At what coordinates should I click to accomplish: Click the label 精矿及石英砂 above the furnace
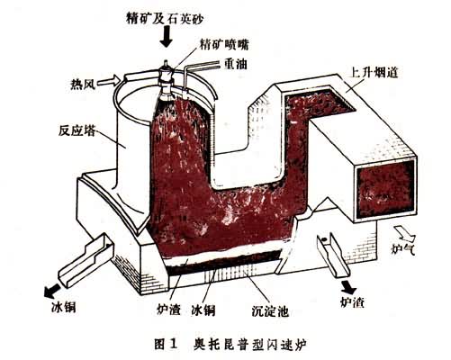166,19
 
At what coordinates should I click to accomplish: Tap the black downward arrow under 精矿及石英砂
166,36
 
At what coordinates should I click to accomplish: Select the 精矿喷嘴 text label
224,45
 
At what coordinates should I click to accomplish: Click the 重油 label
236,63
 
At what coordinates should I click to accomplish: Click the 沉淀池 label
270,311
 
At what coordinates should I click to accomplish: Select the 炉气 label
403,248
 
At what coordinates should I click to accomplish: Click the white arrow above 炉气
404,232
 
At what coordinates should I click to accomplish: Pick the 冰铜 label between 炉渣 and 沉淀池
203,310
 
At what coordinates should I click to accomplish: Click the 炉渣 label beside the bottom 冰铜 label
169,309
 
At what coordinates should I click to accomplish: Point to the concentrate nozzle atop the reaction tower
166,78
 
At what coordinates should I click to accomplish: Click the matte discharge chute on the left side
86,259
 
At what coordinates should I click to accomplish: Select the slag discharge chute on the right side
333,256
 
